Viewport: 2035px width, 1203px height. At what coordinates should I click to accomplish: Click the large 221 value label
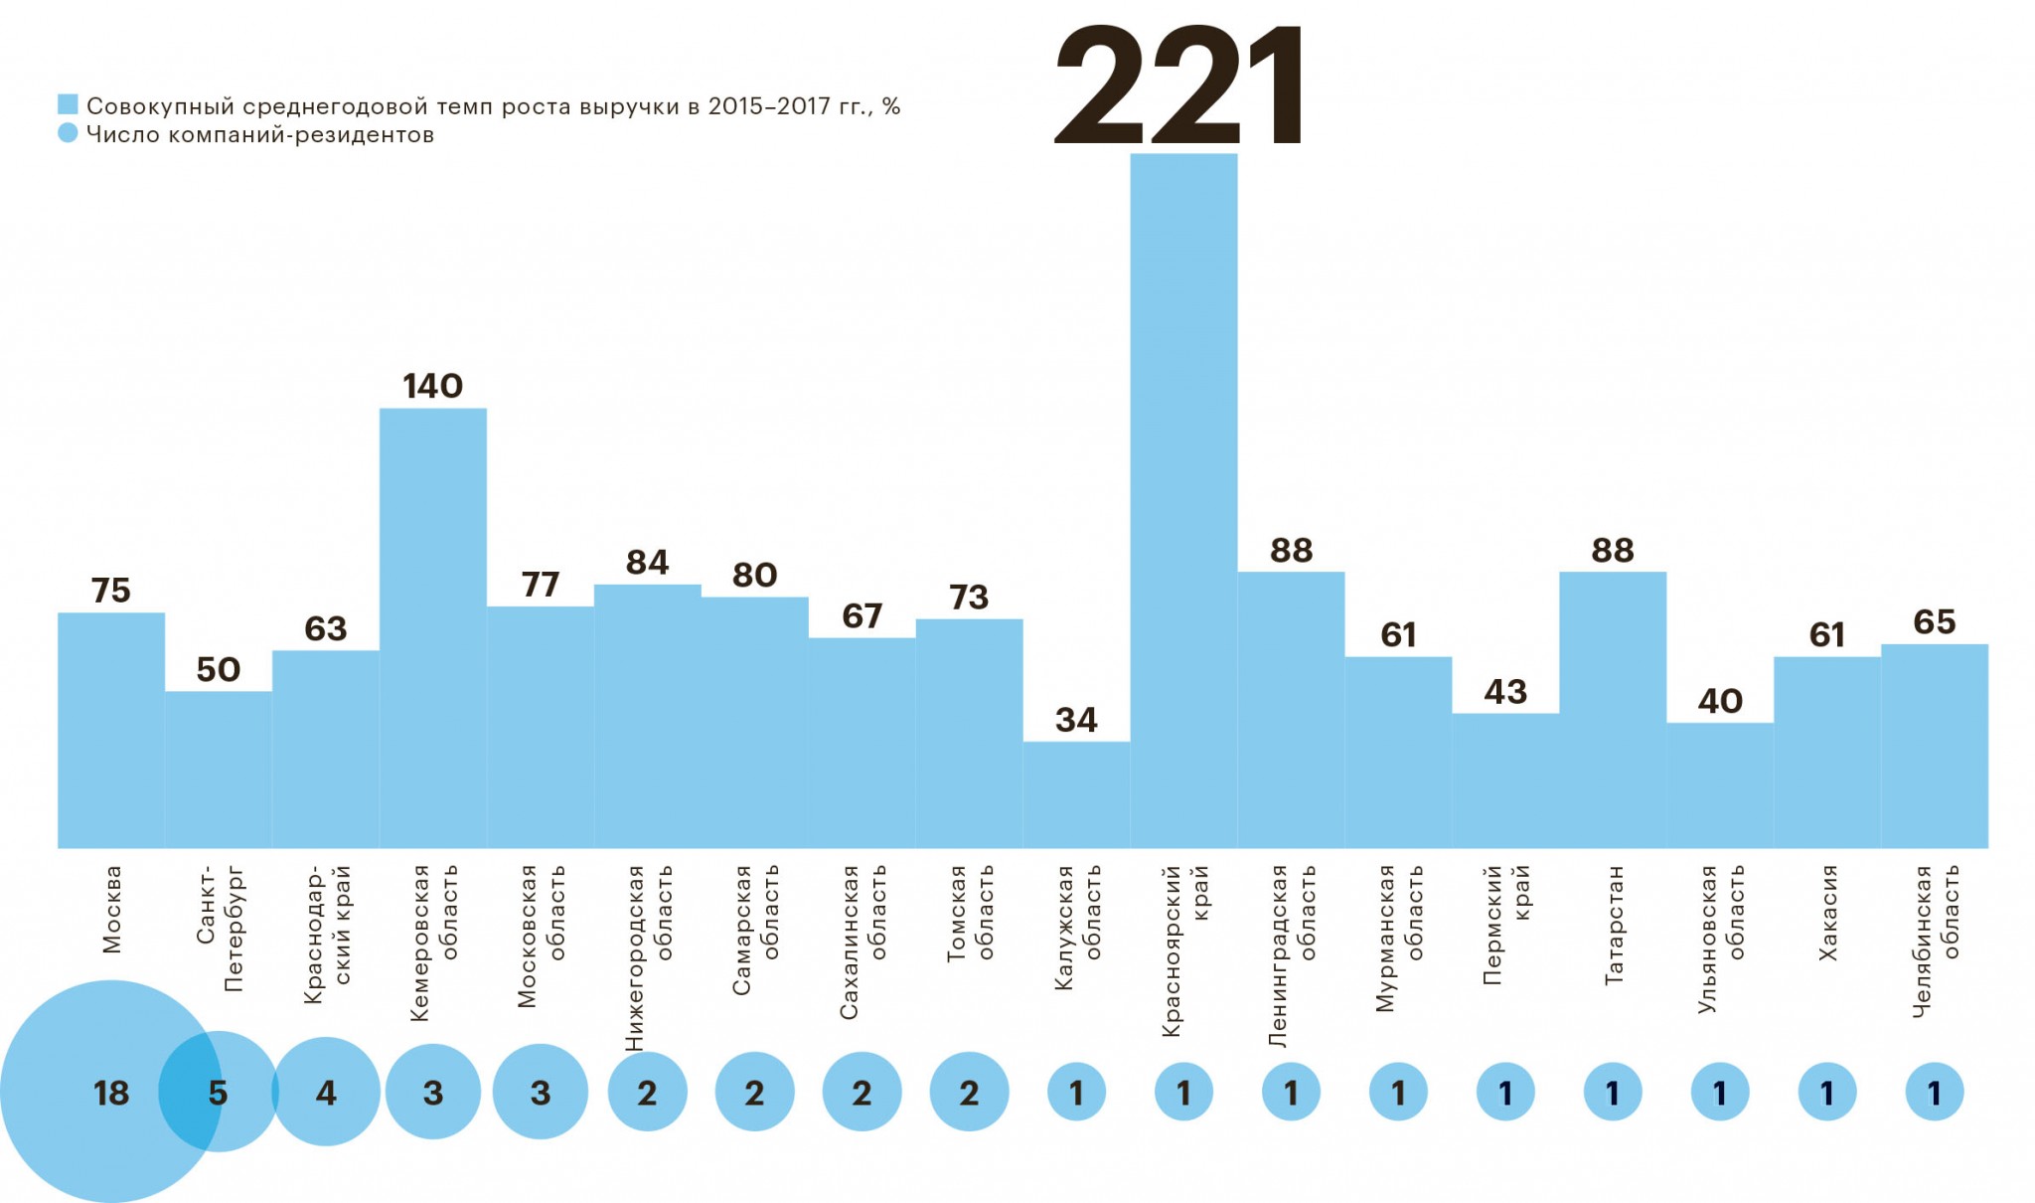tap(1180, 87)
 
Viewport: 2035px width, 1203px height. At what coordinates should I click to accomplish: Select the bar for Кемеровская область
tap(433, 628)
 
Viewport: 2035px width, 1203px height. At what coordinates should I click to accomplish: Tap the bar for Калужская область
tap(1076, 794)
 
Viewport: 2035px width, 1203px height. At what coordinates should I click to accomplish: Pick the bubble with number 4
tap(326, 1093)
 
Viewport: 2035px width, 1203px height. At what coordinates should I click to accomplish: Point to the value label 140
tap(433, 386)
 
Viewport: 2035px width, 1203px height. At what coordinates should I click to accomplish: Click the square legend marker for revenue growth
tap(68, 104)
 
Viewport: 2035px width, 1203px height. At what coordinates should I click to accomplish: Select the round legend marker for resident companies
tap(68, 133)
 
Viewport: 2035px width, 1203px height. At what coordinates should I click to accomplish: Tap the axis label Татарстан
tap(1614, 925)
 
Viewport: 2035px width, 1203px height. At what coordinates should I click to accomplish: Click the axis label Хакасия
tap(1827, 913)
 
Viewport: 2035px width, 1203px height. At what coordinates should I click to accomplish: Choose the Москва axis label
tap(111, 909)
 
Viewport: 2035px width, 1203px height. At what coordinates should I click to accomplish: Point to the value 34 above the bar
tap(1076, 720)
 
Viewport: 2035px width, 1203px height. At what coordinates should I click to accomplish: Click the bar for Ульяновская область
tap(1720, 785)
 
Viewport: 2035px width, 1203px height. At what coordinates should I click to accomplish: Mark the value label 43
tap(1505, 692)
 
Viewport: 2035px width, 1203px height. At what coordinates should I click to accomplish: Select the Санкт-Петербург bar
tap(219, 770)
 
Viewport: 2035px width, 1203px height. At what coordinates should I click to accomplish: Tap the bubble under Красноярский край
tap(1183, 1093)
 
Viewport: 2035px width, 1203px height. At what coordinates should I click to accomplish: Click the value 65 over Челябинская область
tap(1935, 622)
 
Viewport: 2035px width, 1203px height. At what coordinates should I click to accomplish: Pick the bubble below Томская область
tap(969, 1093)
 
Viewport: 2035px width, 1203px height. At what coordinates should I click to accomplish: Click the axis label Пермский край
tap(1505, 925)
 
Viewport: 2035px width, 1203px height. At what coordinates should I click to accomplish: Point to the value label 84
tap(648, 563)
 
